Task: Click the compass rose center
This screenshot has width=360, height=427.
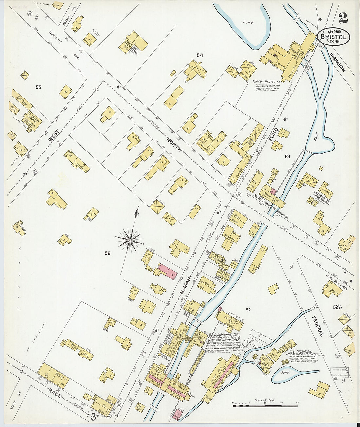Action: [x=130, y=240]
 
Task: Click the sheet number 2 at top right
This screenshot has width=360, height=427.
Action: [x=343, y=19]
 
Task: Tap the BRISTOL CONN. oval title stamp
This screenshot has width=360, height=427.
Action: [x=333, y=38]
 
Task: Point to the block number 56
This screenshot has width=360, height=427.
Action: [x=107, y=253]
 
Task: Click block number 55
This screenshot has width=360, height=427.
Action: [x=39, y=87]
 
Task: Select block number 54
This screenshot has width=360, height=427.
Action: [x=200, y=55]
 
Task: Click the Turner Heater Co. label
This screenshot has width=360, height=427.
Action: [x=266, y=81]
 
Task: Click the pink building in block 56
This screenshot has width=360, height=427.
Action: [x=168, y=272]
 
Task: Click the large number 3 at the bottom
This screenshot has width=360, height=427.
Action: [x=93, y=417]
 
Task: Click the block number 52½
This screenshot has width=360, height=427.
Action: [x=338, y=307]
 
